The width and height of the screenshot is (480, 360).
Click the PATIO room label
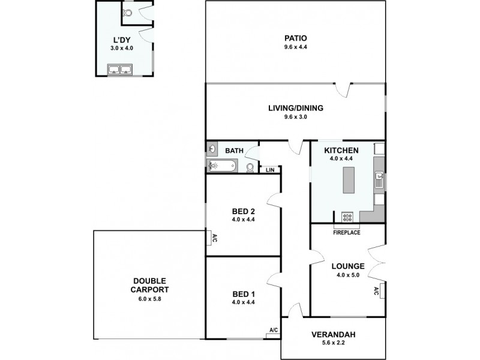(296, 37)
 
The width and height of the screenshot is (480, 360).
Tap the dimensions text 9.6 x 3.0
(296, 118)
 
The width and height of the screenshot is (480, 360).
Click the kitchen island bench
(349, 181)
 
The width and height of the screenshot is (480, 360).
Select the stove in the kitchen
(347, 217)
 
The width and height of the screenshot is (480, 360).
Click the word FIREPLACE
(347, 232)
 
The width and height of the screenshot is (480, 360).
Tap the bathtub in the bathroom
(223, 166)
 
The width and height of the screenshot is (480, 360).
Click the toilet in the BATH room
(250, 167)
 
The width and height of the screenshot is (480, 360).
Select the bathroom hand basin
(212, 149)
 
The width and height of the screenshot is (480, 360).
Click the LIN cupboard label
(270, 170)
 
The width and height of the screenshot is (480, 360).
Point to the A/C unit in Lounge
(376, 292)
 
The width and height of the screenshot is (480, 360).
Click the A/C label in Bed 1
(273, 330)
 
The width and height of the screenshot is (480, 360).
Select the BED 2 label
(244, 211)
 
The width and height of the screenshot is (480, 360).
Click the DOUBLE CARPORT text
(150, 284)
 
